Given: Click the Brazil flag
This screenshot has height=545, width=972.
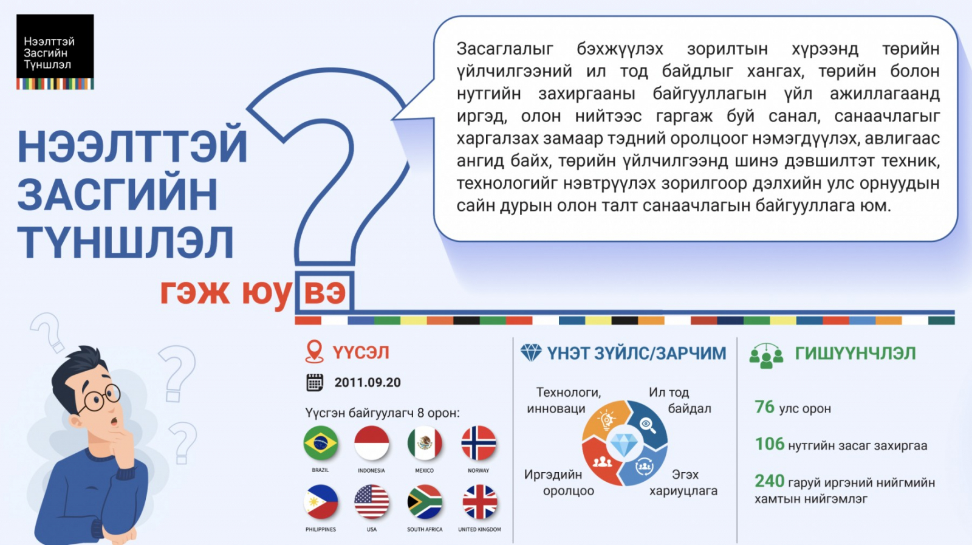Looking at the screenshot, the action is click(320, 443).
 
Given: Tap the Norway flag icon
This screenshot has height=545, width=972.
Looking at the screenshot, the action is click(478, 443).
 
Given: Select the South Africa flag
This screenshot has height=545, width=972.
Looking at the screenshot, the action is click(425, 502).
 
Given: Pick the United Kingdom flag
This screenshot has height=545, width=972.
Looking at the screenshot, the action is click(479, 502).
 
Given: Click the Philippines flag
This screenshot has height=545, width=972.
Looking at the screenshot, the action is click(320, 502).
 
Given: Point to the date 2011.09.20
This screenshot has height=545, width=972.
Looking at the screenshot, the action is click(368, 382).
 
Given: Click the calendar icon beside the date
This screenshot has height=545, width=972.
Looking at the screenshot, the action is click(315, 382).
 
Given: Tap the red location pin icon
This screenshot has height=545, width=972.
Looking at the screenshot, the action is click(314, 351).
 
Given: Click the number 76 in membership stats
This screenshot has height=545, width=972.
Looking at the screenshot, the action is click(764, 406).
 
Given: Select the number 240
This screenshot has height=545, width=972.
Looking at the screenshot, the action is click(769, 481).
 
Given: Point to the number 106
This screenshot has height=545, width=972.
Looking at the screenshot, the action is click(769, 444).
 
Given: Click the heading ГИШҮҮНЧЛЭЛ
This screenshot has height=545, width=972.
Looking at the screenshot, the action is click(855, 353).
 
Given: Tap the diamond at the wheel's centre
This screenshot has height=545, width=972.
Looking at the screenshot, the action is click(624, 444).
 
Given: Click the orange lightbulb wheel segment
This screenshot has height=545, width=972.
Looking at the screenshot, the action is click(604, 419).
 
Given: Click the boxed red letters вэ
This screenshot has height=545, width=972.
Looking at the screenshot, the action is click(324, 292).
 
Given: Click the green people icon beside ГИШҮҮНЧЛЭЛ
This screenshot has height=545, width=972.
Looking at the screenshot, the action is click(766, 356).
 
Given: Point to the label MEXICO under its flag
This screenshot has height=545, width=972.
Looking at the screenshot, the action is click(424, 470).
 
